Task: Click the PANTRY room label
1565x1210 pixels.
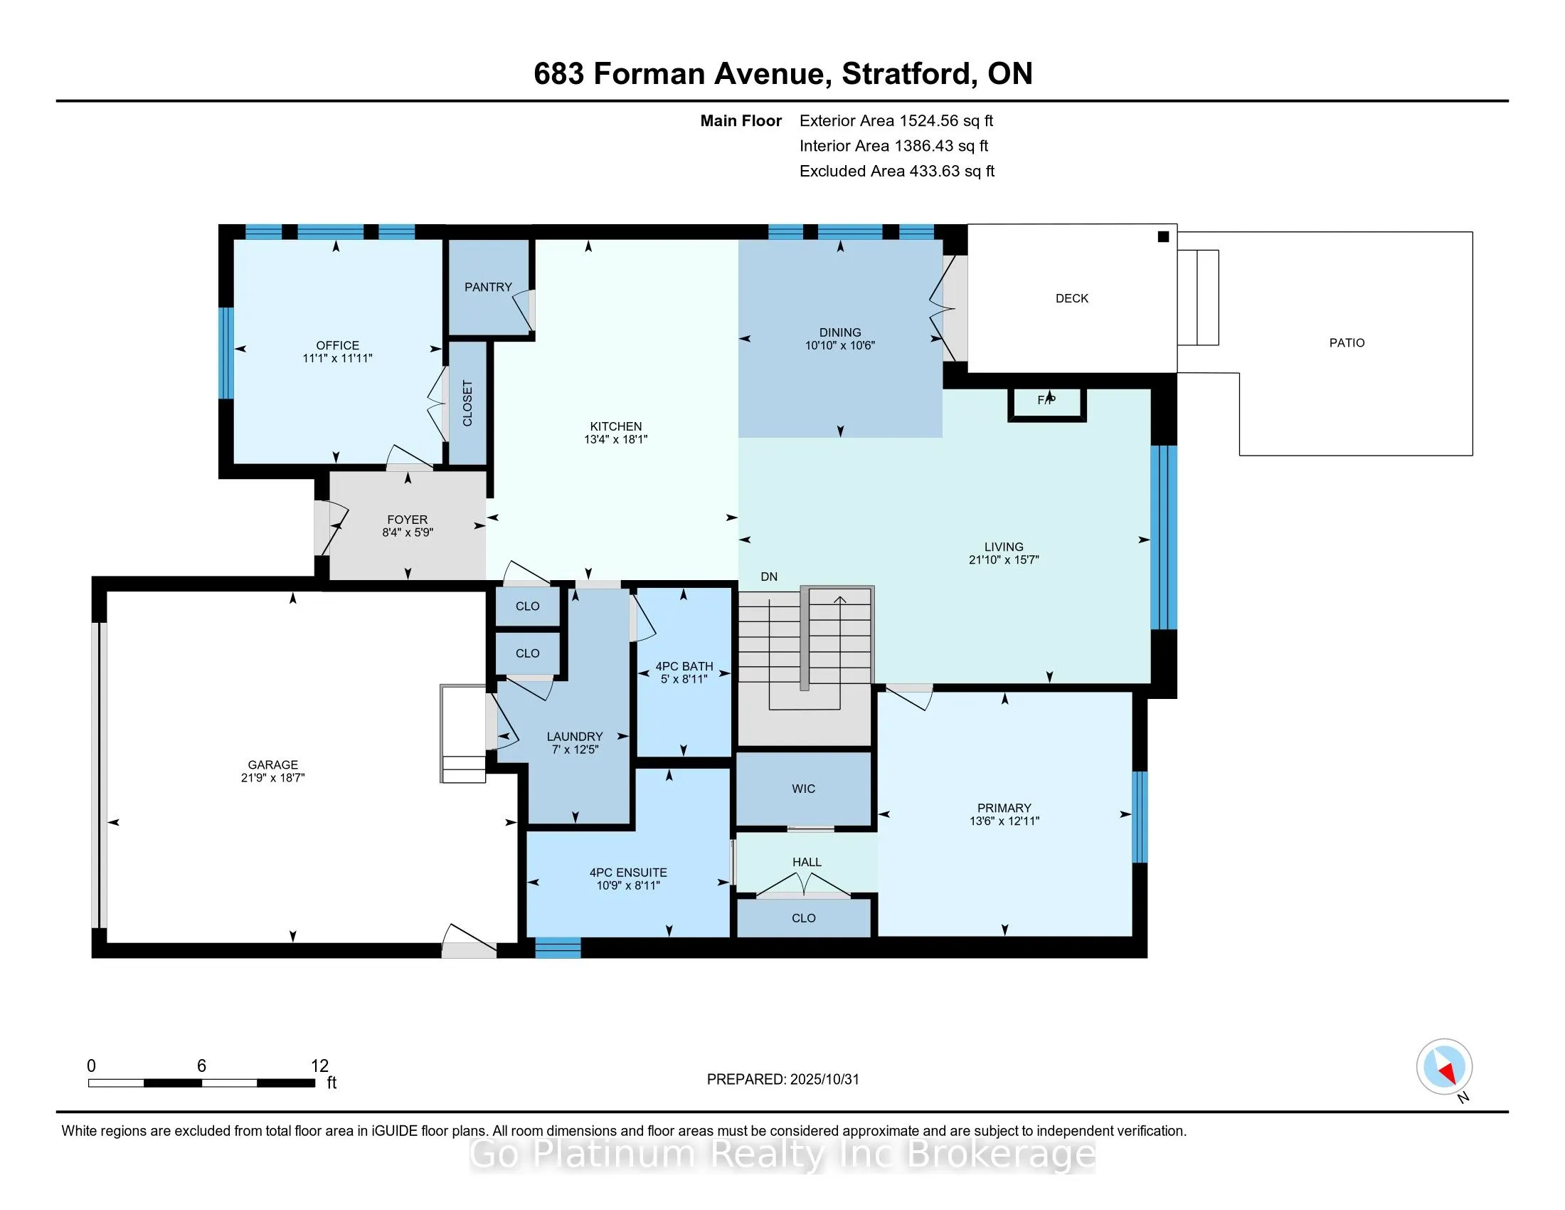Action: tap(488, 287)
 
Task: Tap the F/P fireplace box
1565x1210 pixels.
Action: tap(1047, 404)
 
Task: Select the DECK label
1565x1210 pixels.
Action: tap(1071, 298)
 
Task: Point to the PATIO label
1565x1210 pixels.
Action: tap(1347, 342)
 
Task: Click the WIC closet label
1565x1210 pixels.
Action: tap(803, 789)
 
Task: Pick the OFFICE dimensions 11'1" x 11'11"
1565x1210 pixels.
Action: tap(337, 358)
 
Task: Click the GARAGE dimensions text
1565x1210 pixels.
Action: tap(273, 777)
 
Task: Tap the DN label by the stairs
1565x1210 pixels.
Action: tap(769, 577)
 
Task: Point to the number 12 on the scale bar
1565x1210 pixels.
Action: tap(319, 1066)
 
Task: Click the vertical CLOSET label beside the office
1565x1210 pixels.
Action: tap(467, 404)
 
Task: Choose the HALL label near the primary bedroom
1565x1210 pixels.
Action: tap(807, 862)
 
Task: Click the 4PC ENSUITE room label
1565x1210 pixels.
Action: tap(627, 873)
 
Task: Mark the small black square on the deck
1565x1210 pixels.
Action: tap(1163, 236)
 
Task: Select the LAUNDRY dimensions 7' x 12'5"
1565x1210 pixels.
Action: tap(575, 749)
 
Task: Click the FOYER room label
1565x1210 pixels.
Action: tap(407, 520)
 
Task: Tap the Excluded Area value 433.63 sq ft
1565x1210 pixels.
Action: tap(952, 171)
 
